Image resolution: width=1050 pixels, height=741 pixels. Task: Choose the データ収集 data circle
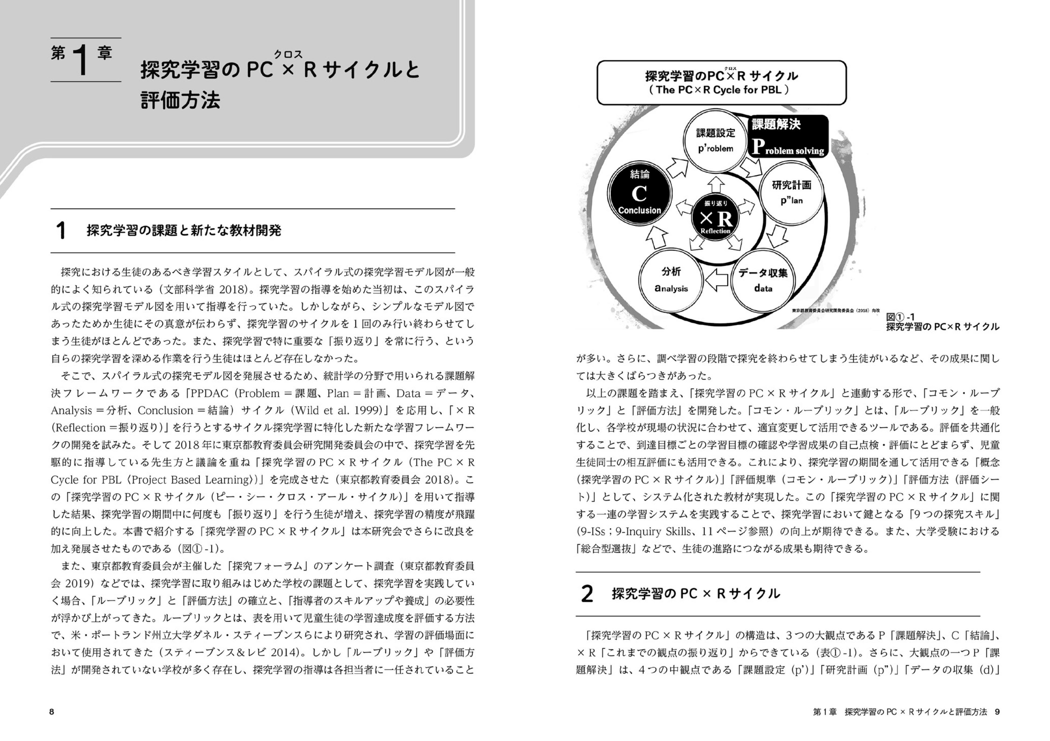tap(763, 280)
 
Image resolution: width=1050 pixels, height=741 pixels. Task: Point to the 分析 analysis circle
tap(671, 280)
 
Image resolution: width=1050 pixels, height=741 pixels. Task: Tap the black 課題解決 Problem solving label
tap(787, 136)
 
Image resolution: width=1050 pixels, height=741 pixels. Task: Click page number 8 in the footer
tap(52, 712)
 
